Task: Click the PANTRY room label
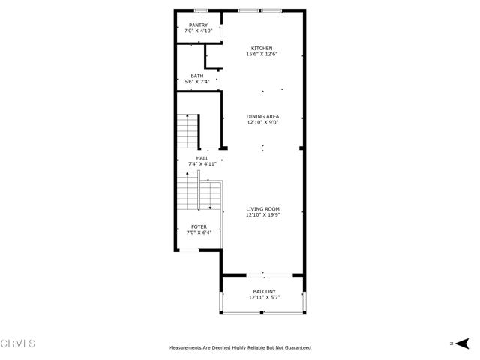pos(198,25)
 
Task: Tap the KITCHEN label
pos(262,48)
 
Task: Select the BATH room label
pos(196,76)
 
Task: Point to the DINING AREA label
pos(262,117)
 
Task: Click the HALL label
pos(202,158)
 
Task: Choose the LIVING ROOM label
pos(262,209)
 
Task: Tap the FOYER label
pos(199,226)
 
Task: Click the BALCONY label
pos(265,292)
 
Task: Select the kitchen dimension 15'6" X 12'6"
pos(262,54)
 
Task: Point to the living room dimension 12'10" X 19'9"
pos(263,215)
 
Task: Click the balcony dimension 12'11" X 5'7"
pos(265,297)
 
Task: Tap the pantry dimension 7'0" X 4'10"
pos(198,31)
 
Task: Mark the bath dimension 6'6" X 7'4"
pos(196,82)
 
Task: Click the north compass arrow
pos(462,343)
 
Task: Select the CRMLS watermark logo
pos(18,343)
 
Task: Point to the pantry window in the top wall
pos(201,11)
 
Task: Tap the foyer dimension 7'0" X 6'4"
pos(199,232)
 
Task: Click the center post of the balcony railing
pos(262,312)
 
